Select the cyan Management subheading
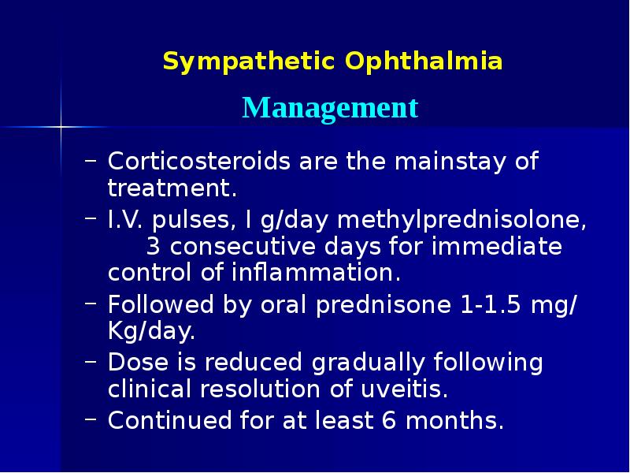(x=330, y=107)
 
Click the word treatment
(x=172, y=189)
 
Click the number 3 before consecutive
(x=154, y=247)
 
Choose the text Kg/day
(x=150, y=332)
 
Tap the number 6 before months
(x=387, y=420)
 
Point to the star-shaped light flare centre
(x=61, y=126)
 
